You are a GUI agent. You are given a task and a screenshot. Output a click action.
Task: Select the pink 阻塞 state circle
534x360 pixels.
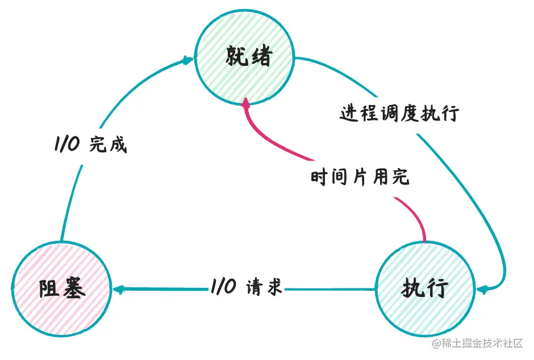pos(62,289)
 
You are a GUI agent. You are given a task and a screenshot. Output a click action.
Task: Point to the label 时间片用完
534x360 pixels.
pos(360,177)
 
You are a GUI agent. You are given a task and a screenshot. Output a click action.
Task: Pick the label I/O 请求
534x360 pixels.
pos(247,287)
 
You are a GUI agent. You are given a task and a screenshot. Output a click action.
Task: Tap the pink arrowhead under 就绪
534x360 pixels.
pos(245,103)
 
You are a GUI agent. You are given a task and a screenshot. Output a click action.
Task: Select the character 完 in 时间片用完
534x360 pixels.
pos(400,177)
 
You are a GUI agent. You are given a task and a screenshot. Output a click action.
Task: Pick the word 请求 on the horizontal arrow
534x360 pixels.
pos(264,287)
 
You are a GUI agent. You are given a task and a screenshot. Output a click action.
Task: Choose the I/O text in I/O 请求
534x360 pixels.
pos(223,287)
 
